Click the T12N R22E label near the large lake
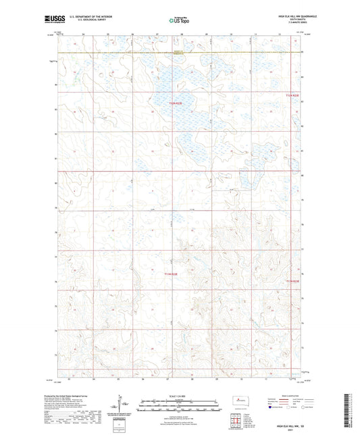click(x=175, y=103)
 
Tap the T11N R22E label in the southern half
click(x=172, y=274)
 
